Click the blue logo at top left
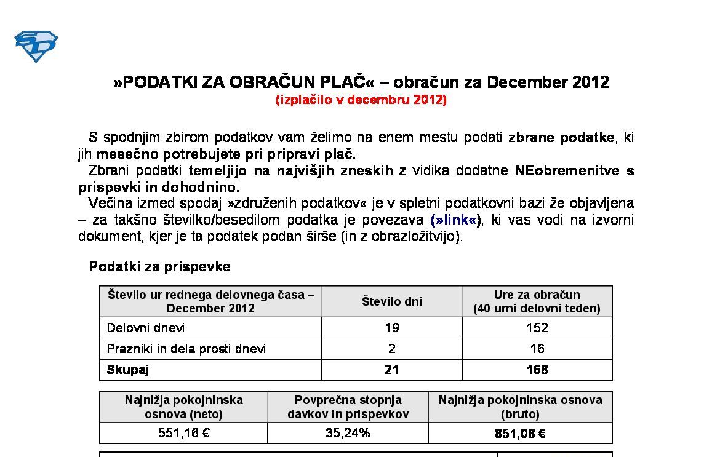(x=36, y=46)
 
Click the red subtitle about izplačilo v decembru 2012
(x=361, y=100)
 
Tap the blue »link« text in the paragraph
(x=455, y=220)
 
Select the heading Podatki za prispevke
(x=160, y=266)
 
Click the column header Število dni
(x=391, y=301)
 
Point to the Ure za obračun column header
(x=537, y=301)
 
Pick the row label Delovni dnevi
(x=146, y=328)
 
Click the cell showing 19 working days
(x=391, y=328)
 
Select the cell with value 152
(x=537, y=328)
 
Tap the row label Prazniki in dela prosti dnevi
(x=186, y=349)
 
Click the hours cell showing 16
(x=537, y=349)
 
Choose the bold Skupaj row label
(x=128, y=370)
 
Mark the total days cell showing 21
(x=391, y=370)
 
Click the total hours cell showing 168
(x=537, y=370)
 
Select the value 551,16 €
(x=184, y=433)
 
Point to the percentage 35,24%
(x=348, y=433)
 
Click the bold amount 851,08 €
(x=520, y=433)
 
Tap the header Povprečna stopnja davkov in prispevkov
(x=348, y=407)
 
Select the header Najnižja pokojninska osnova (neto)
(x=184, y=407)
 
